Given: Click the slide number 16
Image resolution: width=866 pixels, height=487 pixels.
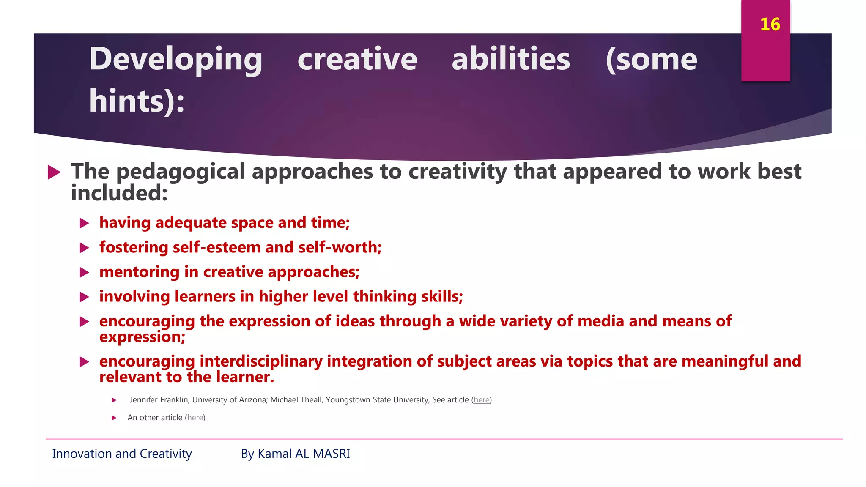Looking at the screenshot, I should click(770, 25).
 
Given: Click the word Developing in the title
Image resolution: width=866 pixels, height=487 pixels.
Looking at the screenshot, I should click(176, 59).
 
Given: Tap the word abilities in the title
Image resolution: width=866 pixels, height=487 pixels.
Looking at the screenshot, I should click(511, 59).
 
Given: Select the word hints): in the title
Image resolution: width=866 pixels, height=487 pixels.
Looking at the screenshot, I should click(137, 101).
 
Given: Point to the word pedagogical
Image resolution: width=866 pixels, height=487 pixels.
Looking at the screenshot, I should click(181, 172).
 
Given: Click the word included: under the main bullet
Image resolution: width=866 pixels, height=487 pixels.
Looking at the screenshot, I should click(119, 193).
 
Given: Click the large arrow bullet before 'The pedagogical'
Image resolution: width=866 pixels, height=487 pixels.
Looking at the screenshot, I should click(54, 172).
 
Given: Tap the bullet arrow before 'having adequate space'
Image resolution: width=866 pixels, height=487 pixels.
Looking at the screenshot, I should click(85, 223).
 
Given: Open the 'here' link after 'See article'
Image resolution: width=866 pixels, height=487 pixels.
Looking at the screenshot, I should click(481, 400).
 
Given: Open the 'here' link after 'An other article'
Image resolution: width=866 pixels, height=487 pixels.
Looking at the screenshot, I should click(195, 418).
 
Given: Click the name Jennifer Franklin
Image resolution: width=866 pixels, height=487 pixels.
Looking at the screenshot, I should click(159, 400).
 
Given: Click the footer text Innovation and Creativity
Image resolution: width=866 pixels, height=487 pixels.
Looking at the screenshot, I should click(122, 454).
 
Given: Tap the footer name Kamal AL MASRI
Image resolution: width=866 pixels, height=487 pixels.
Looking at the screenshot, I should click(304, 454).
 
